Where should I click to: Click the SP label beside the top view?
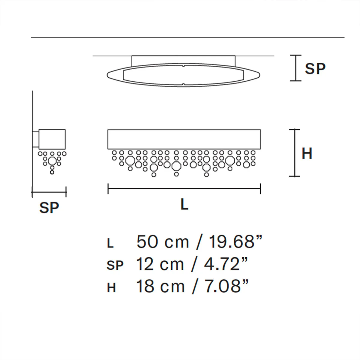tap(315, 69)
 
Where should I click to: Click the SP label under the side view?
tap(49, 207)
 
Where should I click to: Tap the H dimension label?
tap(307, 153)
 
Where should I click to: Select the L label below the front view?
tap(184, 205)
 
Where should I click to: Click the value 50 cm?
tap(163, 242)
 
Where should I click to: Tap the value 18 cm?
tap(160, 286)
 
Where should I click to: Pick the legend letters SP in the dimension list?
tap(115, 265)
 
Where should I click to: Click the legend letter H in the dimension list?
tap(111, 288)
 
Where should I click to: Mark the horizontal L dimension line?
tap(184, 189)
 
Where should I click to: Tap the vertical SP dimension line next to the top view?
tap(296, 68)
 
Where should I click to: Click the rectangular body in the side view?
tap(52, 139)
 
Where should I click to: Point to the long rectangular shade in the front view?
tap(184, 139)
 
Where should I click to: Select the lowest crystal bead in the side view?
tap(52, 172)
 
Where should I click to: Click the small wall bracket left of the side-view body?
tap(36, 139)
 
